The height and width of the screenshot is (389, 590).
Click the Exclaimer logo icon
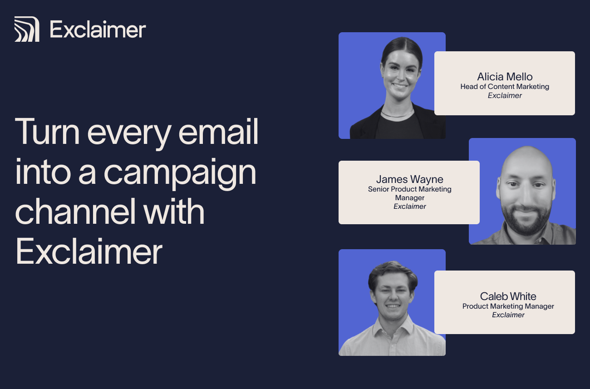tap(27, 29)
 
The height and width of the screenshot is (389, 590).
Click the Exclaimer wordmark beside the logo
tap(98, 30)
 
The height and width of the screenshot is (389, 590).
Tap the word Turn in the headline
tap(47, 132)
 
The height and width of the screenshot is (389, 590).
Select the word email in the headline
tap(218, 132)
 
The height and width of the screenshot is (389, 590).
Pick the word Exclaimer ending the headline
tap(89, 251)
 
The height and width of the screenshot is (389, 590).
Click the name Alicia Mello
tap(505, 77)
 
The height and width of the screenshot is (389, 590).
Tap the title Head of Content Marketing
tap(505, 87)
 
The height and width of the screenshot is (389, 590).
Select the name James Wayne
tap(409, 179)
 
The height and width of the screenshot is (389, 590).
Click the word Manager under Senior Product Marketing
tap(409, 198)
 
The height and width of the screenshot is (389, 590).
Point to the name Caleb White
tap(508, 296)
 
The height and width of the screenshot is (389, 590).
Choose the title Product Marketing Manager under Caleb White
tap(508, 306)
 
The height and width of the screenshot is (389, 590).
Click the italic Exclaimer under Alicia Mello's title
tap(505, 96)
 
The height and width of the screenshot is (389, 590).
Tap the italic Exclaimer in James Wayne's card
tap(409, 207)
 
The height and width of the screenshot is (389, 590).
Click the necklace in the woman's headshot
tap(398, 114)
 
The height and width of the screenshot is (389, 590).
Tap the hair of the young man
tap(393, 273)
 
